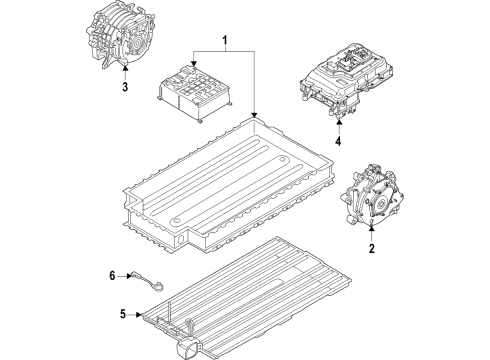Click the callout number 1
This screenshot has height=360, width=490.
coord(225,42)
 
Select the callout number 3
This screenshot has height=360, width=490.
coord(124,87)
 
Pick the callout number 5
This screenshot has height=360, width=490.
coord(123,314)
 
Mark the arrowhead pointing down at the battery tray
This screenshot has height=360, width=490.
coord(256,115)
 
